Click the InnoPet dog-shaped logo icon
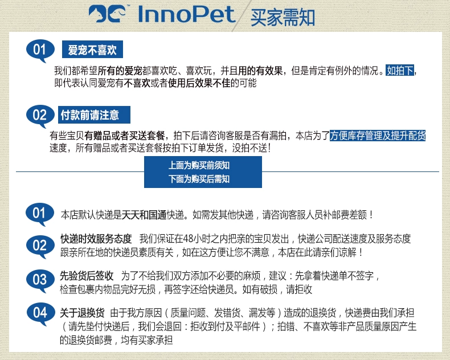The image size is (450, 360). pos(107,14)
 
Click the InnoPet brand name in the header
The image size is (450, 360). pos(186,14)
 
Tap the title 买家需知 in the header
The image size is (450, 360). pos(283,18)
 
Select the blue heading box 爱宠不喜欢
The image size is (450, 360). pos(92,50)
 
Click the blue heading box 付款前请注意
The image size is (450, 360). pos(94,115)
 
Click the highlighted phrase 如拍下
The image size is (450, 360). pos(400,70)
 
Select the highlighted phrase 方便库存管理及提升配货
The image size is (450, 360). pos(378,136)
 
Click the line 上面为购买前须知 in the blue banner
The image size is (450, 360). pos(199,165)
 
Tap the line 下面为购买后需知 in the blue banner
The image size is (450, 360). pos(199,179)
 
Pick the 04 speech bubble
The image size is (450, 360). pos(40,314)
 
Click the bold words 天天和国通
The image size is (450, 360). pos(144,215)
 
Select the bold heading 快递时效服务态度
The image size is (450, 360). pos(96,239)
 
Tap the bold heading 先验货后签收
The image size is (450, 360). pos(87,276)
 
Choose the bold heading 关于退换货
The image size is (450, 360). pos(82,313)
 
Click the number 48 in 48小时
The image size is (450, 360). pos(188,239)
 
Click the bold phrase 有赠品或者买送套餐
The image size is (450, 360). pos(125,136)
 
